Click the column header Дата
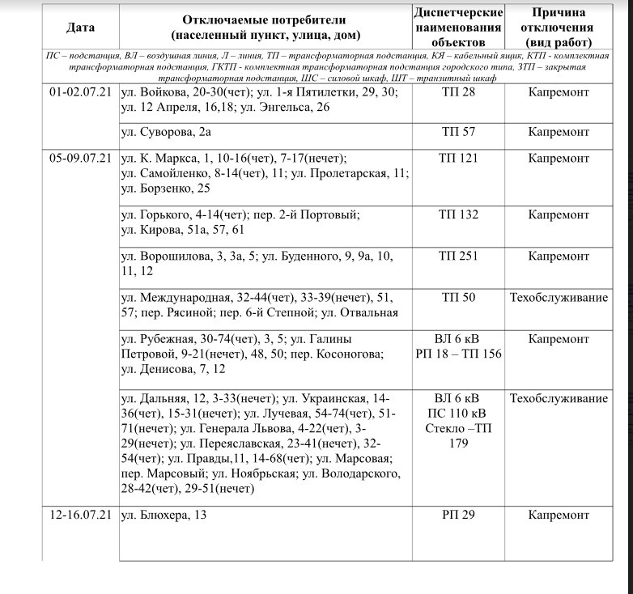[80, 28]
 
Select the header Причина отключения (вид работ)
[559, 28]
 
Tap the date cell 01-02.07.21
[80, 92]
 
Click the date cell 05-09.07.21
[80, 159]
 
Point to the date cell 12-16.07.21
[80, 514]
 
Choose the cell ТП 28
[458, 92]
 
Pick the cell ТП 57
[458, 131]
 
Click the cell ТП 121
[458, 159]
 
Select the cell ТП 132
[458, 215]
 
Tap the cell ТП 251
[458, 257]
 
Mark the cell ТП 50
[458, 298]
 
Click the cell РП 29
[458, 514]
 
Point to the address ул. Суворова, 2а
[166, 131]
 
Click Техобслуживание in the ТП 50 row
[559, 298]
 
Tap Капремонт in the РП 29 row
[559, 514]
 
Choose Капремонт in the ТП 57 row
[559, 131]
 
